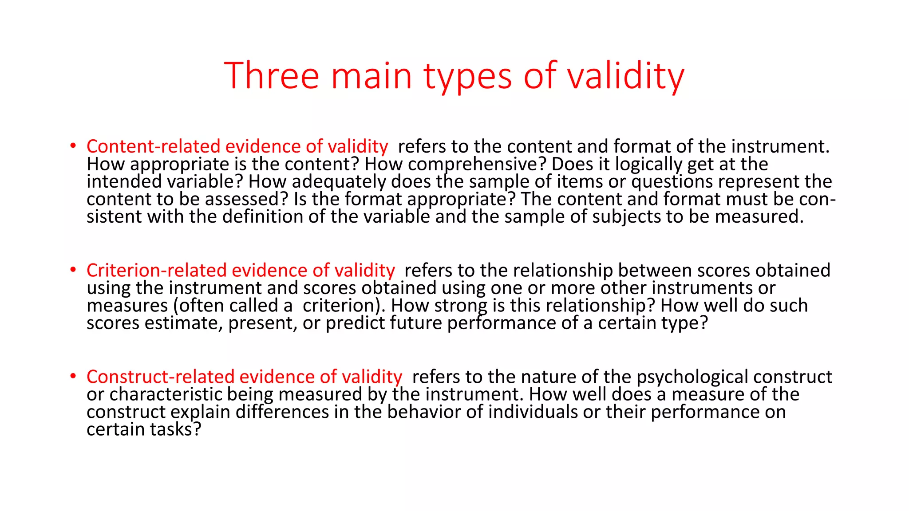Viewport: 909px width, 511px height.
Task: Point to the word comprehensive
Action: pyautogui.click(x=477, y=165)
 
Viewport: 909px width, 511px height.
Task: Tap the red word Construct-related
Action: pyautogui.click(x=160, y=377)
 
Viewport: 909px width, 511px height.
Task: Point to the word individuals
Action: pyautogui.click(x=533, y=412)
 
